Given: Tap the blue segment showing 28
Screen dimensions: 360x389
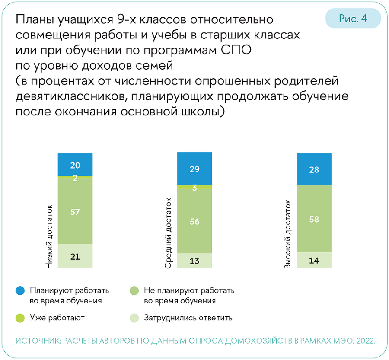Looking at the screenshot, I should click(x=314, y=169).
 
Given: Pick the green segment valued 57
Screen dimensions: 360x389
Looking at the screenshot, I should click(x=75, y=211).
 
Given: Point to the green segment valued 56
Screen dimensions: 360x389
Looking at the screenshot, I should click(x=194, y=221).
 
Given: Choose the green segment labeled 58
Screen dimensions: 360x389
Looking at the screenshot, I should click(x=314, y=219).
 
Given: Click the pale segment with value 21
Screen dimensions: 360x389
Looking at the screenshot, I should click(x=75, y=257).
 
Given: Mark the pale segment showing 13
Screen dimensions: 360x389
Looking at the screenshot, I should click(x=194, y=260).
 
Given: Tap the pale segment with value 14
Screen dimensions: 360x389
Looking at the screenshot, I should click(x=314, y=260).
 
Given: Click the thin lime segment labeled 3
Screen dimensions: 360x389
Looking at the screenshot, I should click(x=194, y=187).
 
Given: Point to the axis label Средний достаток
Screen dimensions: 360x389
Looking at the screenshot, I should click(x=169, y=233).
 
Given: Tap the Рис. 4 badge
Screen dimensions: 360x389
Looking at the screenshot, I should click(x=353, y=19).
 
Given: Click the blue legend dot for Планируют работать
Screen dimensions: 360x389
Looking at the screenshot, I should click(x=19, y=291).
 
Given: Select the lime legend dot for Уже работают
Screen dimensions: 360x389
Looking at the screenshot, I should click(x=19, y=318).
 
